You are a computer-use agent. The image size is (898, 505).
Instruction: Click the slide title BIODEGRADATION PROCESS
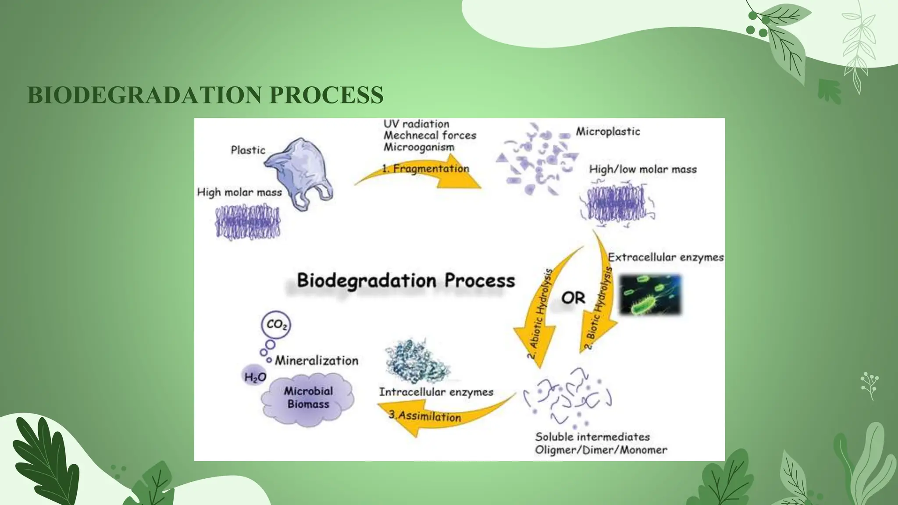point(205,95)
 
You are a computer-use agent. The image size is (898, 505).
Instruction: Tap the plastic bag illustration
point(299,174)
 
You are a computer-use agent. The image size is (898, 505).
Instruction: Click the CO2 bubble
point(276,325)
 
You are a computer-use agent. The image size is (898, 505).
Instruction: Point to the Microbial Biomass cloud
point(308,398)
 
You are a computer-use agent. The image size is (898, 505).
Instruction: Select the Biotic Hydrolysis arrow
point(601,298)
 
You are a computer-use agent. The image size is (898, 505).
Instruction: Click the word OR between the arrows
point(573,298)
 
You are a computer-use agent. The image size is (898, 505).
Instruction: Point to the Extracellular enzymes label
point(666,257)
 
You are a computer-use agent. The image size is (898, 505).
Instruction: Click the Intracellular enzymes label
point(436,392)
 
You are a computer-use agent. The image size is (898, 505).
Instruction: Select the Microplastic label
point(608,132)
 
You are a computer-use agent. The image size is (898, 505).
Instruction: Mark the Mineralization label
point(316,361)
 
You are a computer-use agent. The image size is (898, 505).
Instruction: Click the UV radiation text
point(417,124)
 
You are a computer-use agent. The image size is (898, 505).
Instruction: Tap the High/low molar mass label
point(643,169)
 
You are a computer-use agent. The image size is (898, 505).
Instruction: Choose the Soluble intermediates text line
point(592,437)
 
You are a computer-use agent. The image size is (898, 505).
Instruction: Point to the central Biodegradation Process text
point(406,281)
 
